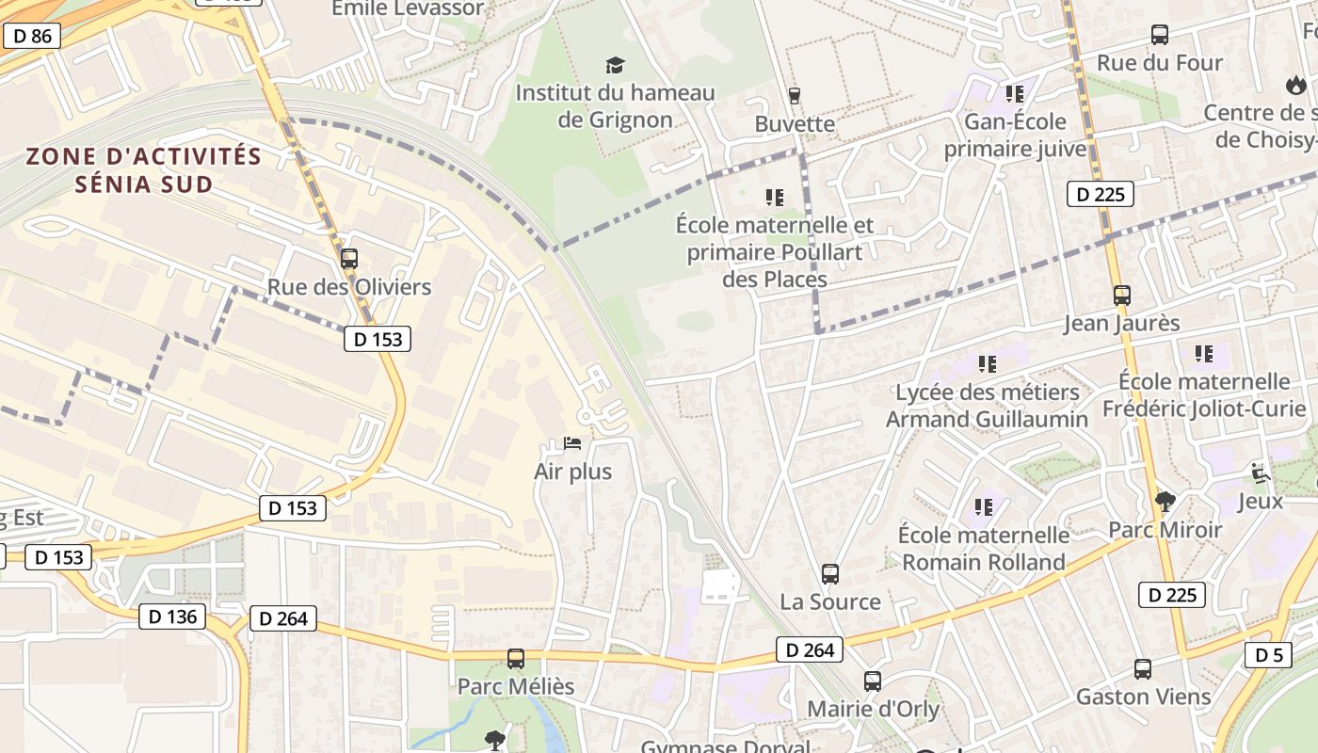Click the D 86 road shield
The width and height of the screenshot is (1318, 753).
32,37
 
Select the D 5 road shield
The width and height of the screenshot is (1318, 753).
1268,655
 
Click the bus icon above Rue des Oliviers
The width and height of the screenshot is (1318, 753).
349,258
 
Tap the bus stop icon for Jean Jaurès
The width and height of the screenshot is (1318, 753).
1121,295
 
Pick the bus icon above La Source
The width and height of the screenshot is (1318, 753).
830,573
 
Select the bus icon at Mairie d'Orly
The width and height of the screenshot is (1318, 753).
873,681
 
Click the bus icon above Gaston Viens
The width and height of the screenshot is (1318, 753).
1143,669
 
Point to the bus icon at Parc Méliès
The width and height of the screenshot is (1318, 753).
516,659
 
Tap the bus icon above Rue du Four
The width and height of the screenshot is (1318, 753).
1160,35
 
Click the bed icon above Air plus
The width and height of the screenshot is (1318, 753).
572,443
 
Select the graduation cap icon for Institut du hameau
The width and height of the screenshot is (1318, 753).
615,65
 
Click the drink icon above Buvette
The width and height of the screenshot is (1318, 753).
795,95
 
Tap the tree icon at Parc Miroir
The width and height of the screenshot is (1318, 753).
1165,501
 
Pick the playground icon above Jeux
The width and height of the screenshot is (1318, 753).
1260,473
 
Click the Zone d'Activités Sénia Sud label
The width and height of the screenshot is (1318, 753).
143,169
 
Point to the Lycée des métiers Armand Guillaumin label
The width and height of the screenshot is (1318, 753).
987,406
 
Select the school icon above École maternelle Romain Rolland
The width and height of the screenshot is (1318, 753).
984,507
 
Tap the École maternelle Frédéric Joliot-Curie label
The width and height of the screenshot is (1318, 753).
1204,395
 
